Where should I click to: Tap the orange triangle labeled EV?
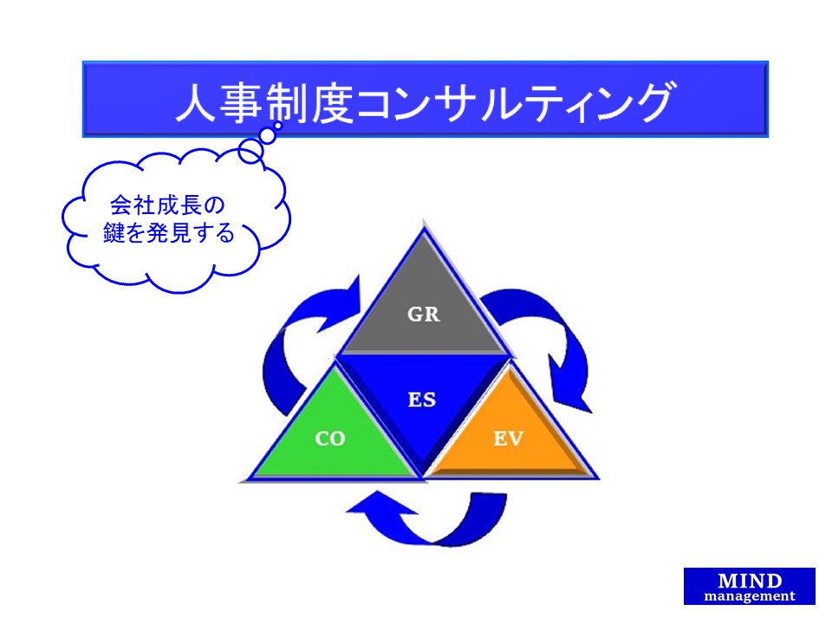coord(511,442)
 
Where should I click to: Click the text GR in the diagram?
coord(424,315)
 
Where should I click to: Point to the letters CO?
coord(329,439)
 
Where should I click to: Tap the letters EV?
coord(509,439)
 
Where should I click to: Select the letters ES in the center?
coord(422,400)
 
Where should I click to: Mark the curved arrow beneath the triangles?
coord(433,520)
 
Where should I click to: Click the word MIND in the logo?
coord(750,581)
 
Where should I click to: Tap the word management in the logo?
coord(750,596)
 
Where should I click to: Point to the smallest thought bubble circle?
coord(270,134)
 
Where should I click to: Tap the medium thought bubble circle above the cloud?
coord(250,152)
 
